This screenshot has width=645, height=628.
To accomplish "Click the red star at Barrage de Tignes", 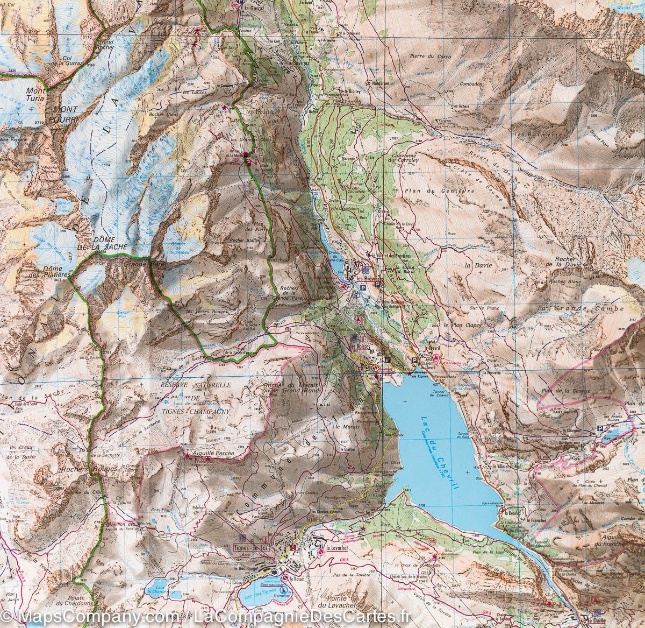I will (x=410, y=373).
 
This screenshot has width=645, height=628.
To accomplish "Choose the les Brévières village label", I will (x=371, y=279).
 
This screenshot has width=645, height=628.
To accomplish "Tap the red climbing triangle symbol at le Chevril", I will (x=436, y=358).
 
